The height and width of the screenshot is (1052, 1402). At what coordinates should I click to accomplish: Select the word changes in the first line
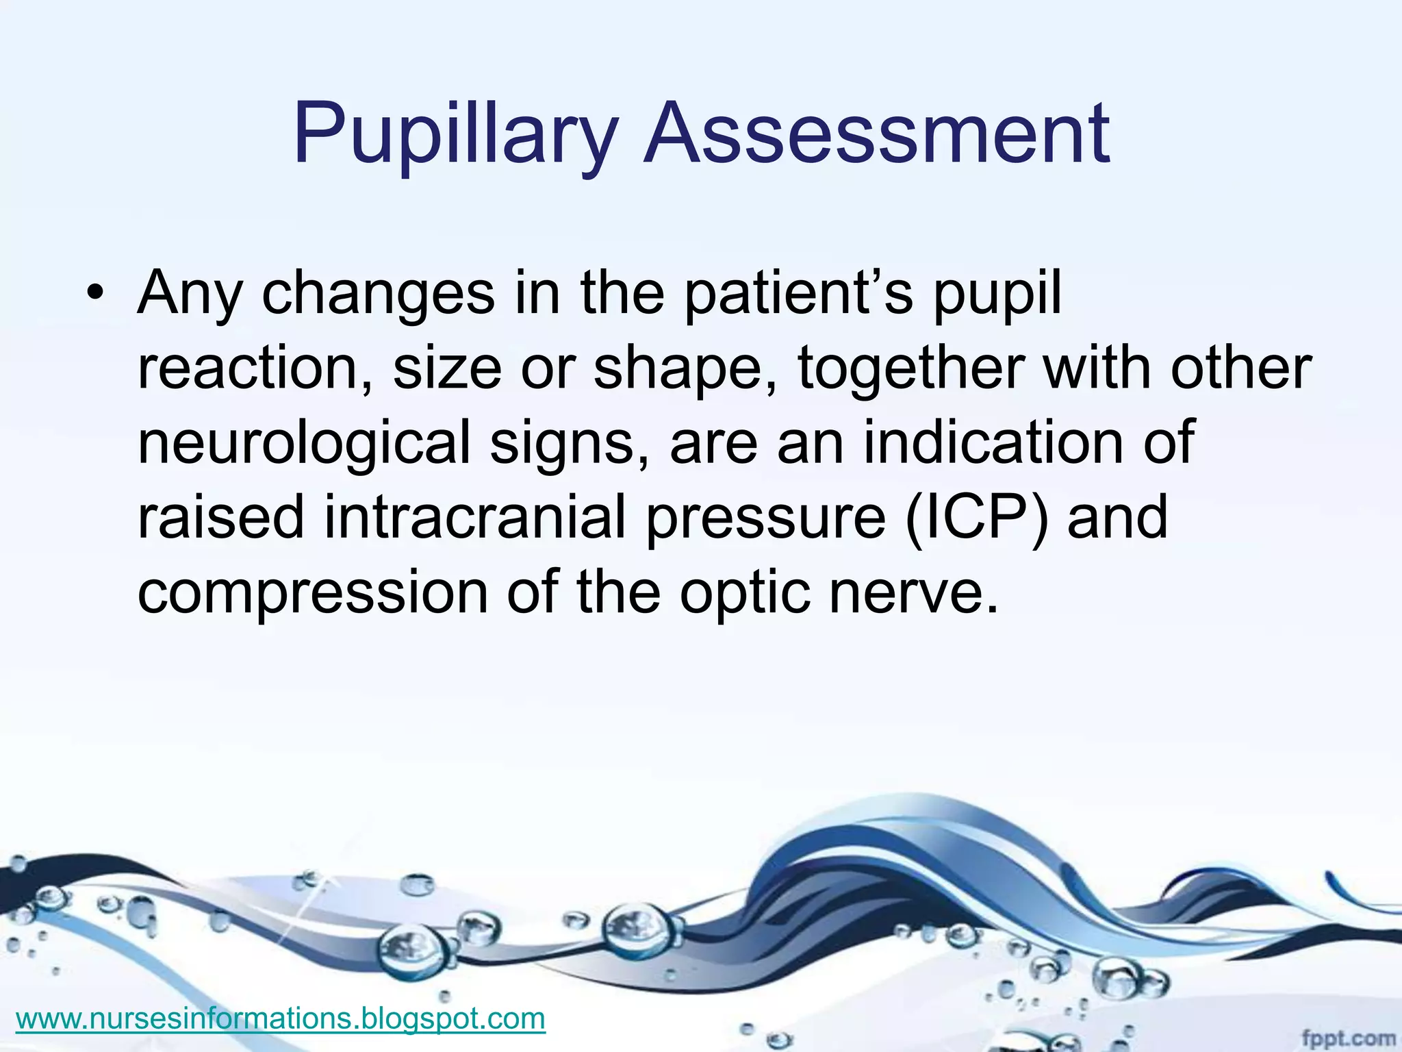pyautogui.click(x=378, y=295)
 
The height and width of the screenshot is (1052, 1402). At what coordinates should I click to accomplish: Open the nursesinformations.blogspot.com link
pyautogui.click(x=280, y=1018)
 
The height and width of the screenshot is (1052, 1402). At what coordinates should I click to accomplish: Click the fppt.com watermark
pyautogui.click(x=1348, y=1038)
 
